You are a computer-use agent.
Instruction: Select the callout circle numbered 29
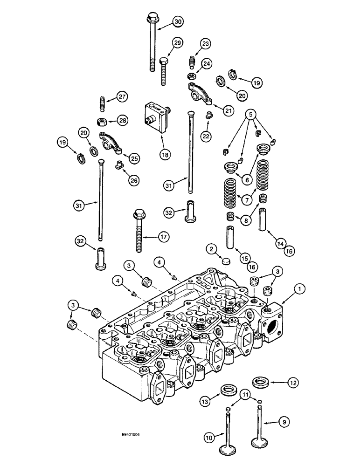177,43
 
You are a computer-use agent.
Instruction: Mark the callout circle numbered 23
206,43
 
